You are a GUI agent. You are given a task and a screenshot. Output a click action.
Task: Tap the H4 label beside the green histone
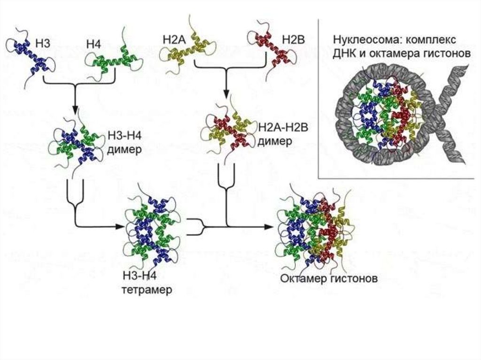tap(93, 45)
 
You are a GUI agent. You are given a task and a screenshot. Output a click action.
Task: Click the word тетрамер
tap(147, 290)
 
